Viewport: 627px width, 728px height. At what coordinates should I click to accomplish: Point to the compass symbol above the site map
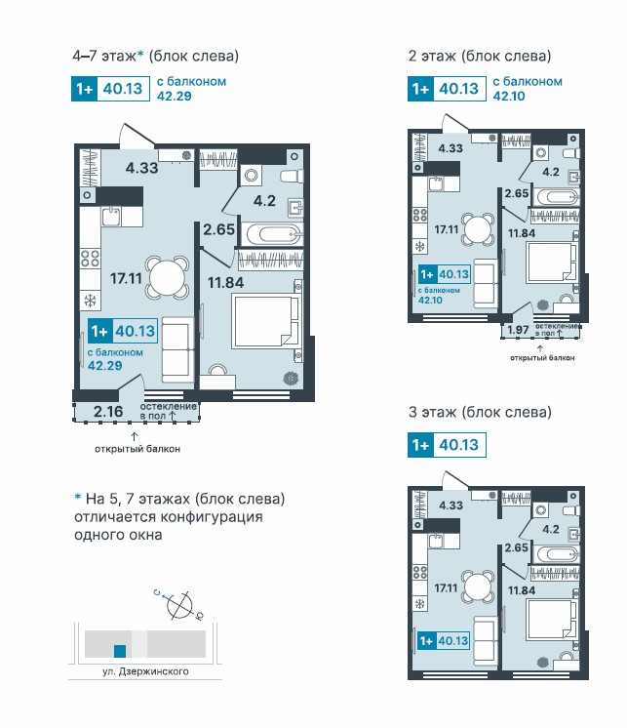[x=180, y=606]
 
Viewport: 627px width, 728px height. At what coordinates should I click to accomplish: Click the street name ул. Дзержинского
[x=145, y=672]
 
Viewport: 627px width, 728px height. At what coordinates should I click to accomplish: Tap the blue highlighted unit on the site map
[x=120, y=651]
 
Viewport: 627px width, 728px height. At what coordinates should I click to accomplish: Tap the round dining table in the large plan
[x=168, y=276]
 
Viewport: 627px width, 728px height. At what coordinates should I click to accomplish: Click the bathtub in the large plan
[x=273, y=234]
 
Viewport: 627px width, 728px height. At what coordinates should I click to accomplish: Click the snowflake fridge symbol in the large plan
[x=90, y=301]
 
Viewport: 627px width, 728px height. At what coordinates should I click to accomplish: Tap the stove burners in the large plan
[x=90, y=259]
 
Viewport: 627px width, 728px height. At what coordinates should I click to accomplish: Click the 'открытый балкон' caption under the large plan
[x=137, y=450]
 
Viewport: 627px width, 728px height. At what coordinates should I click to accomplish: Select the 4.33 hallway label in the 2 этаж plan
[x=451, y=148]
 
